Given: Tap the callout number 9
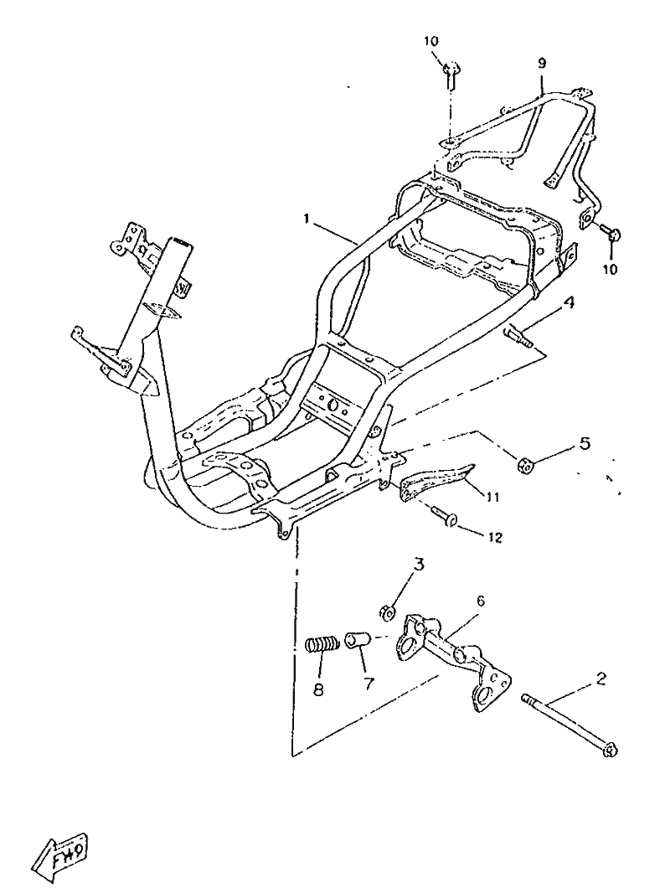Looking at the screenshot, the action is tap(542, 63).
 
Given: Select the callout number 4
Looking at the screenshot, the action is tap(569, 302).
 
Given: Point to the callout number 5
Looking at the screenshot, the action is tap(585, 444).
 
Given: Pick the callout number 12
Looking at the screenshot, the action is tap(496, 537).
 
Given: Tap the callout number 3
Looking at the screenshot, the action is tap(419, 565).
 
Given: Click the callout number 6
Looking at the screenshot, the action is tap(481, 601).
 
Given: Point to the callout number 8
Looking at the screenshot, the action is tap(318, 689).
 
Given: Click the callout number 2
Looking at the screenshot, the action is tap(601, 679).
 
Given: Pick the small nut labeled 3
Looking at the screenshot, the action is tap(388, 613).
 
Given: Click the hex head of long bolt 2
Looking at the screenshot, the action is tap(610, 751).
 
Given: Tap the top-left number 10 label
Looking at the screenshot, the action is tap(431, 41).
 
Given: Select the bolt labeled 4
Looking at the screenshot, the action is tap(518, 336).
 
